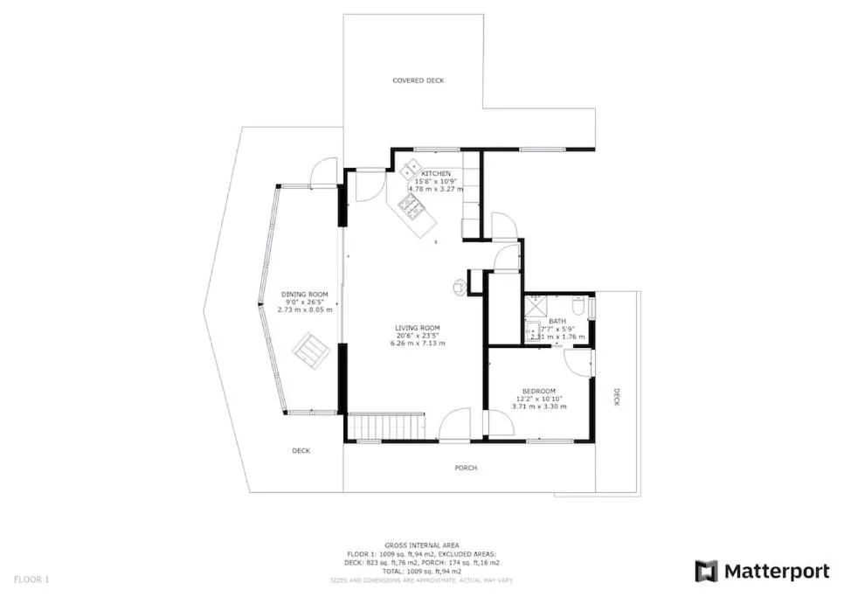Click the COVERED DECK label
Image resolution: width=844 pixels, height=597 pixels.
418,80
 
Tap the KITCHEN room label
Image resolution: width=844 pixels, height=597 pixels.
436,174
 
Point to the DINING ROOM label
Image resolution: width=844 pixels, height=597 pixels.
304,295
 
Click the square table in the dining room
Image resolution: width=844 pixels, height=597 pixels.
310,351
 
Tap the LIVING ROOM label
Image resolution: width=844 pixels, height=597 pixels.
418,328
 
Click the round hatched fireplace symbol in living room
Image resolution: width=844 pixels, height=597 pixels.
459,285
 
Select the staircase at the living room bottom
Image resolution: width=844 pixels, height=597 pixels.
387,427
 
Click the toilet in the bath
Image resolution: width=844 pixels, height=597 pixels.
578,306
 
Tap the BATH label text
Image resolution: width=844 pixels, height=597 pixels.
557,321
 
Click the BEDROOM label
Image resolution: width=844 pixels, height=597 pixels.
539,391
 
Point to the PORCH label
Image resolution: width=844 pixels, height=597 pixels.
466,469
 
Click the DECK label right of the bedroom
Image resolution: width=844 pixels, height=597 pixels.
616,398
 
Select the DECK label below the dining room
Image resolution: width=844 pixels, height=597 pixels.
301,451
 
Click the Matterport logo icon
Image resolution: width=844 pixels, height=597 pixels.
706,572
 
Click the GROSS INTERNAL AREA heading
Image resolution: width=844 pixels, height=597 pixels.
421,545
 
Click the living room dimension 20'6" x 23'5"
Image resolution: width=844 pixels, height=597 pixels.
418,336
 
